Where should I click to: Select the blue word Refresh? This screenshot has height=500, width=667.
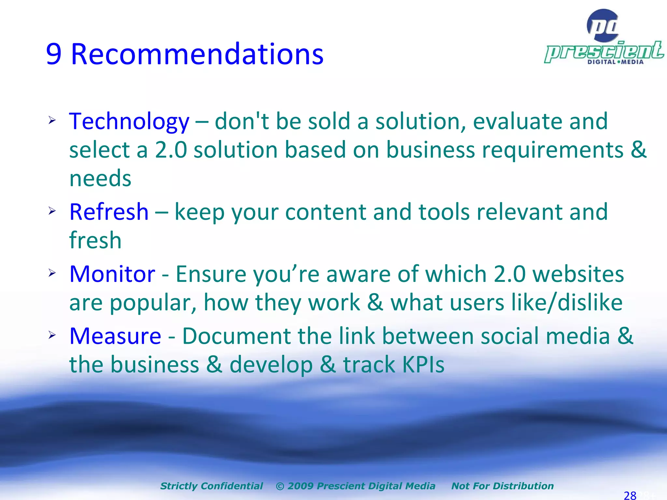109,212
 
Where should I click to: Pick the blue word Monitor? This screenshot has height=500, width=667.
112,274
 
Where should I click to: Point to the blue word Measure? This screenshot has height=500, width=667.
115,336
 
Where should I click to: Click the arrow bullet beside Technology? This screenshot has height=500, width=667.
52,121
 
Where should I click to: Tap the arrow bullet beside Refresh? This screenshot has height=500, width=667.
52,211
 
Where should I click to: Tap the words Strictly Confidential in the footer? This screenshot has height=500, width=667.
211,486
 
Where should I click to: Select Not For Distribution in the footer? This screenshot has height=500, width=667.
502,486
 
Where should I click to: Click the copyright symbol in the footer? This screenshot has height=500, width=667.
280,486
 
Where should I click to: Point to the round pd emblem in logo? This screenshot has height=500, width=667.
603,25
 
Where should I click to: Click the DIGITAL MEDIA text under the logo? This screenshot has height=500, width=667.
615,62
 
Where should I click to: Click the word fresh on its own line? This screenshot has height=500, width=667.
95,240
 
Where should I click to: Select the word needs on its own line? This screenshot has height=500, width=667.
100,179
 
